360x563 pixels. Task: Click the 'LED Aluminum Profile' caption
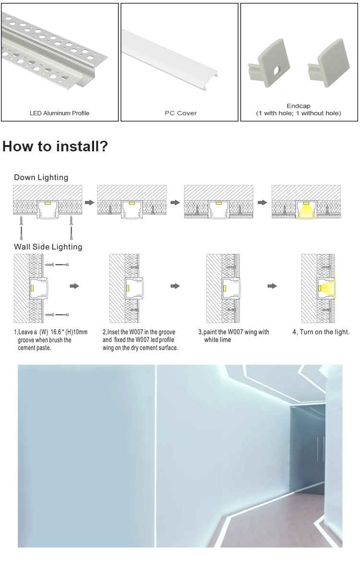60,113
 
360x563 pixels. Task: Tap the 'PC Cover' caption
180,113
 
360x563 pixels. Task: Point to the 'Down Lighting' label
41,178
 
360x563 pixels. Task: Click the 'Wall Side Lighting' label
48,247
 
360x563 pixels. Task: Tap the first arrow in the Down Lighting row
89,202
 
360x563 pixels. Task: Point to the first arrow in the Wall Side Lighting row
74,286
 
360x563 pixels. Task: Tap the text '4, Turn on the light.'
321,332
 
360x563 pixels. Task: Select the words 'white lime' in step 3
217,340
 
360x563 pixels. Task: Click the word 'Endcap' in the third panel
298,106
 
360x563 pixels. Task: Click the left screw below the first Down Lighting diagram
21,221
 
